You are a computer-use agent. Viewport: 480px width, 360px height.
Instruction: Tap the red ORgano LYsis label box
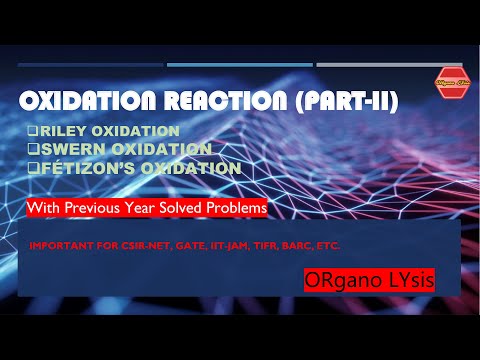pos(382,281)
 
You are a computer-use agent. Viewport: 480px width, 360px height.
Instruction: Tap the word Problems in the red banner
pos(237,209)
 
